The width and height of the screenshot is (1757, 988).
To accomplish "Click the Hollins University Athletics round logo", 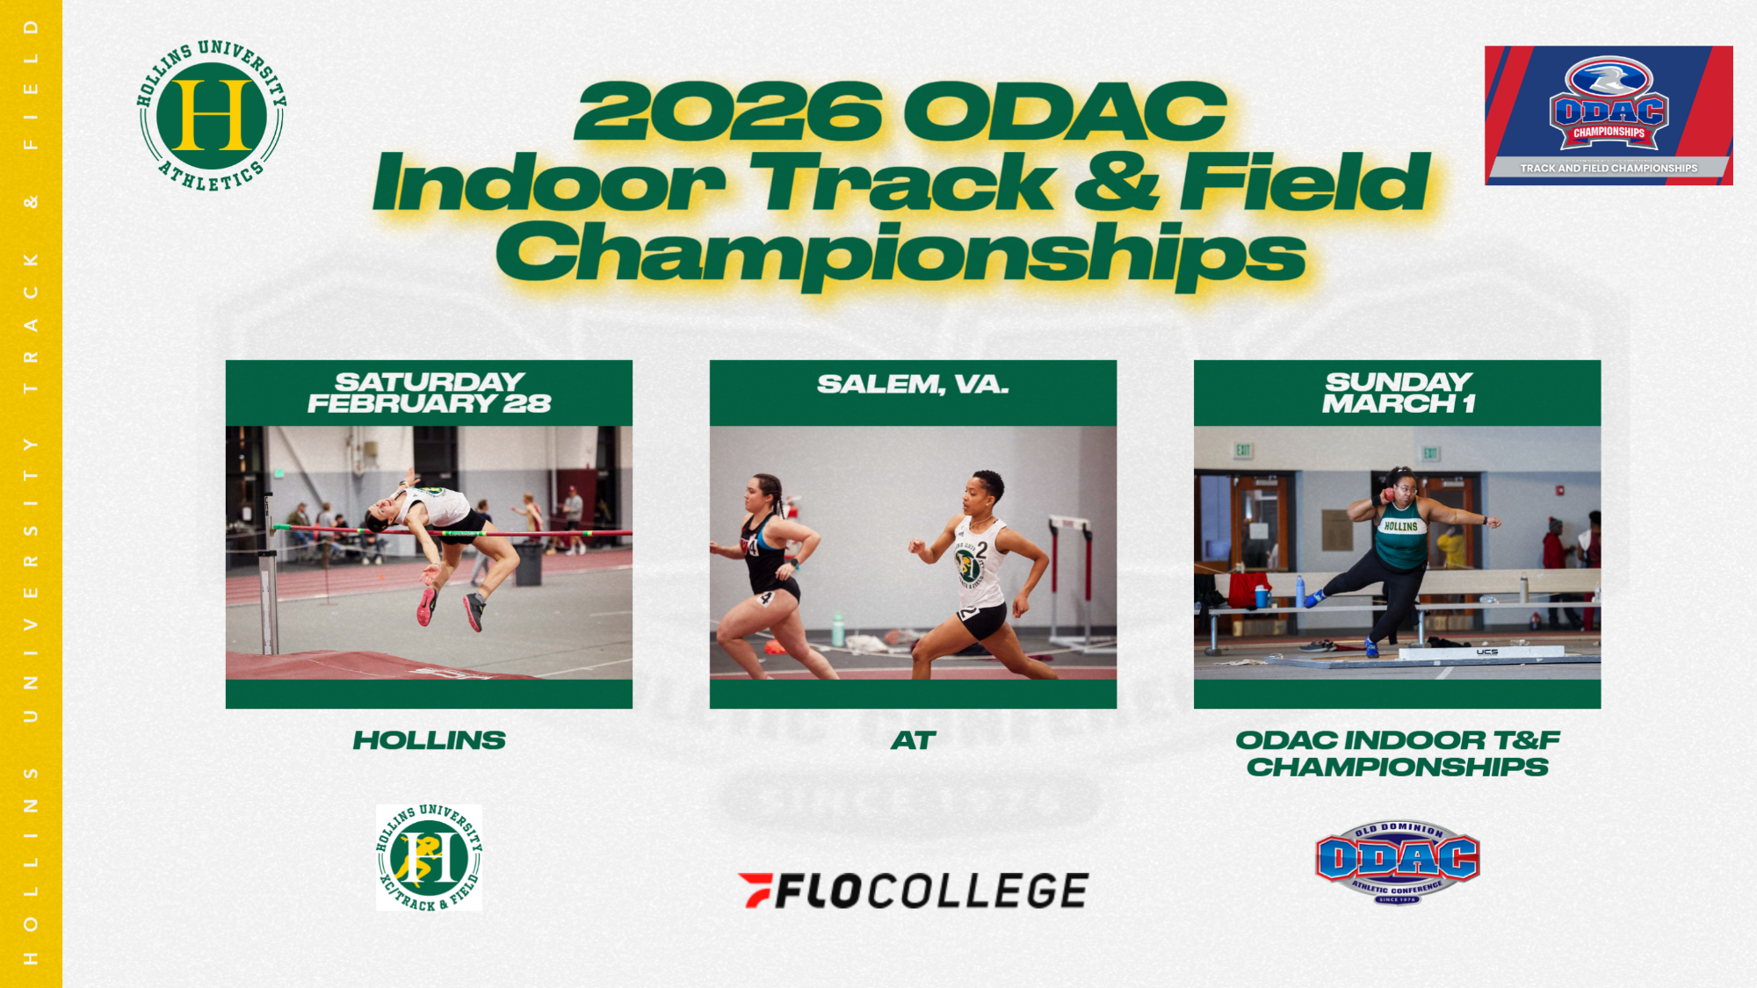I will [x=212, y=115].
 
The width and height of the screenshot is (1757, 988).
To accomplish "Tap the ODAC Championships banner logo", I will [x=1609, y=115].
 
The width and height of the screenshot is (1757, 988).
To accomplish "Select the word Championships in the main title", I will [x=900, y=252].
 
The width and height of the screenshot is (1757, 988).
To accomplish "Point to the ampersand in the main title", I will [x=1116, y=182].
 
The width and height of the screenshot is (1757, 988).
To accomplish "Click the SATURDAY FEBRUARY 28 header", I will [x=429, y=393].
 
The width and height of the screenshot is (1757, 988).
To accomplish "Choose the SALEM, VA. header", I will [x=913, y=385].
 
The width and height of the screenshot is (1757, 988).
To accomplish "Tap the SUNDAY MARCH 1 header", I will [x=1397, y=393].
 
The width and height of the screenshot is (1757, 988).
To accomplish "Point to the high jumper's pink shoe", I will [x=427, y=606].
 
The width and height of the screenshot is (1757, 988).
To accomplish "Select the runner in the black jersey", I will [x=764, y=571].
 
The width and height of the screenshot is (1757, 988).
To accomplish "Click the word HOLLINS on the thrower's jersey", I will [x=1400, y=526].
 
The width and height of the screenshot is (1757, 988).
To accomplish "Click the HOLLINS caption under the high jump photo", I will [x=429, y=740].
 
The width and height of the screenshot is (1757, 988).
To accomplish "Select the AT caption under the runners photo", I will [x=913, y=740].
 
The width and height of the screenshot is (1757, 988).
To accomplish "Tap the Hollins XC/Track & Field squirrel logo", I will [x=429, y=858].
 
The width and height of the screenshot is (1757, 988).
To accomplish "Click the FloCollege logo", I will [x=913, y=891].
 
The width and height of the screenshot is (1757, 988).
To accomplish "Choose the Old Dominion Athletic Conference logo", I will [x=1397, y=861].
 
